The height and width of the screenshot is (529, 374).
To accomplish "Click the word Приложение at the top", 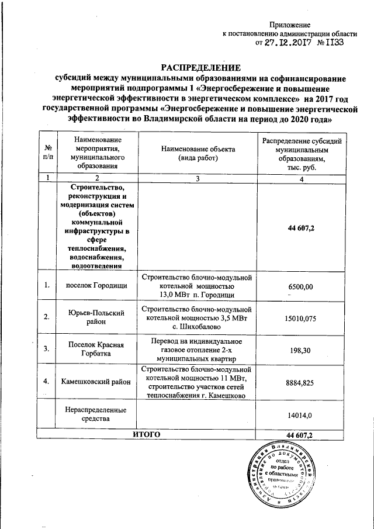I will coord(290,25).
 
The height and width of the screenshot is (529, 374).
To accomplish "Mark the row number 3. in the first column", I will coord(46,349).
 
